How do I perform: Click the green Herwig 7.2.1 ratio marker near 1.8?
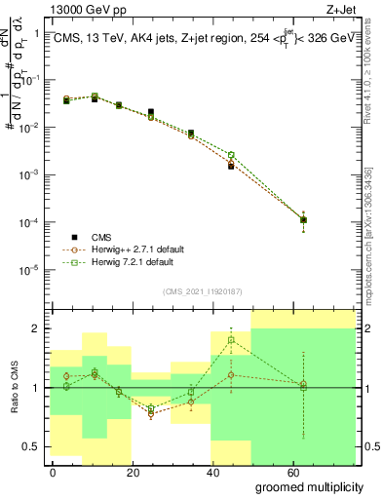click(x=231, y=340)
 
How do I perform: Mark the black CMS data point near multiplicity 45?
click(x=231, y=167)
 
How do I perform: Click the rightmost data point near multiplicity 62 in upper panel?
click(x=304, y=219)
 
